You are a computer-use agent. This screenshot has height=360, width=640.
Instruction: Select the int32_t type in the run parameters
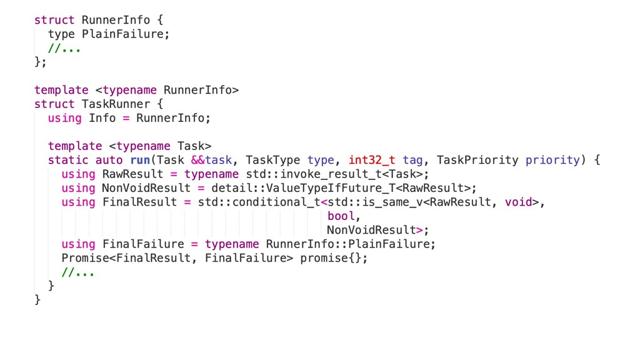(x=372, y=160)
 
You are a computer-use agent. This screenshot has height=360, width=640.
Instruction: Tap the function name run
(x=140, y=160)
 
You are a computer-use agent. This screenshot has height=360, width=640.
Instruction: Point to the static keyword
(x=68, y=160)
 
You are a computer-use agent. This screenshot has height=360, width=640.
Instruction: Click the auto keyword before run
(x=109, y=160)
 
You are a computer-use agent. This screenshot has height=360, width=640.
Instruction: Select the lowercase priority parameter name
(x=552, y=160)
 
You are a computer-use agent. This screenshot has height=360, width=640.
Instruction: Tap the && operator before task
(x=198, y=160)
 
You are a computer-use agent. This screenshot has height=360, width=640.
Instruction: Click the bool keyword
(x=341, y=216)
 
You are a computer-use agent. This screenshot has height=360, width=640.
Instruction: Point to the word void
(x=518, y=202)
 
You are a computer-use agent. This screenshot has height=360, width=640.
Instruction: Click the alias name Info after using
(x=102, y=117)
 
